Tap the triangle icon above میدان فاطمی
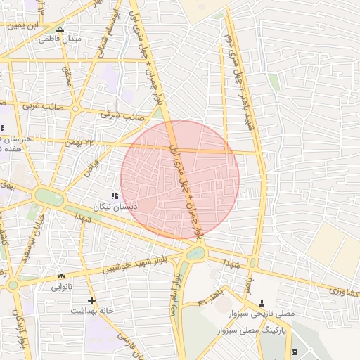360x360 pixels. point(60,30)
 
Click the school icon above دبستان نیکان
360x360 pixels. point(114,195)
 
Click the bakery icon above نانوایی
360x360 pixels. point(61,276)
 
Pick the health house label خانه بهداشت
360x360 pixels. point(91,310)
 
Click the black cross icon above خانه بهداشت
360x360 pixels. point(91,300)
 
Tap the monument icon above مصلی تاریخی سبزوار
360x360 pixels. point(262,302)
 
